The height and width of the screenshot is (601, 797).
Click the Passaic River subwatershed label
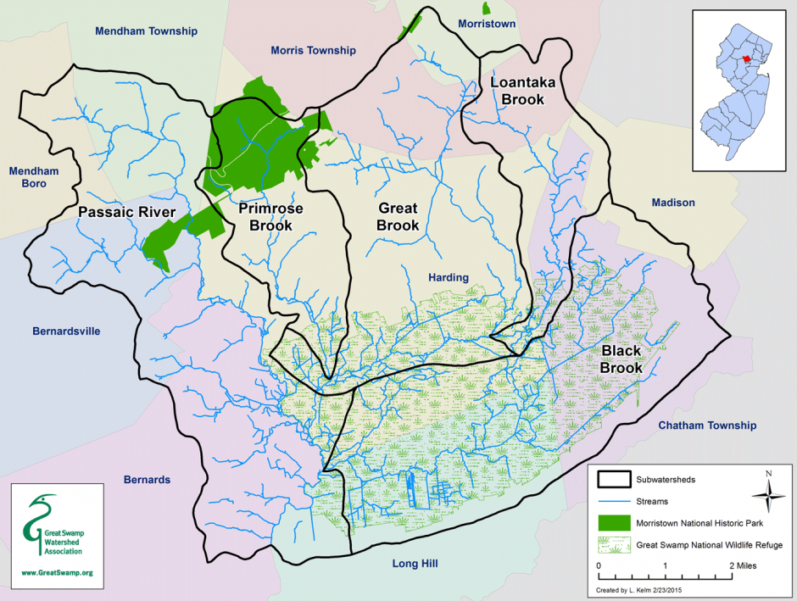click(x=126, y=212)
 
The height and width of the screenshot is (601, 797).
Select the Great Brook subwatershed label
click(x=398, y=217)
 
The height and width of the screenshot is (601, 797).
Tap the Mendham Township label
click(x=146, y=31)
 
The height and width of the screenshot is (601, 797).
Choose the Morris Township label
click(x=313, y=51)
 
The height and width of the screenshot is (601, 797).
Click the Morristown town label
click(x=486, y=24)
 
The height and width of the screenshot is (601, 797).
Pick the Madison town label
click(x=673, y=203)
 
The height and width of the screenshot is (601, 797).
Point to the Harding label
click(x=448, y=277)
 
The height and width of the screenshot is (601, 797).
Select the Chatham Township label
click(x=706, y=426)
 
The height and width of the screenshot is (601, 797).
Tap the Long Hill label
click(x=414, y=563)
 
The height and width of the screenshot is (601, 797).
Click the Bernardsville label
click(x=65, y=331)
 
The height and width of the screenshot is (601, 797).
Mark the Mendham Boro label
click(x=34, y=177)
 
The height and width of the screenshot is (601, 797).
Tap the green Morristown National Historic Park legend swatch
click(x=615, y=523)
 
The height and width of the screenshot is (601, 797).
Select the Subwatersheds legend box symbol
click(x=615, y=480)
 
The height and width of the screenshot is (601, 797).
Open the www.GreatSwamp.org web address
click(x=56, y=573)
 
